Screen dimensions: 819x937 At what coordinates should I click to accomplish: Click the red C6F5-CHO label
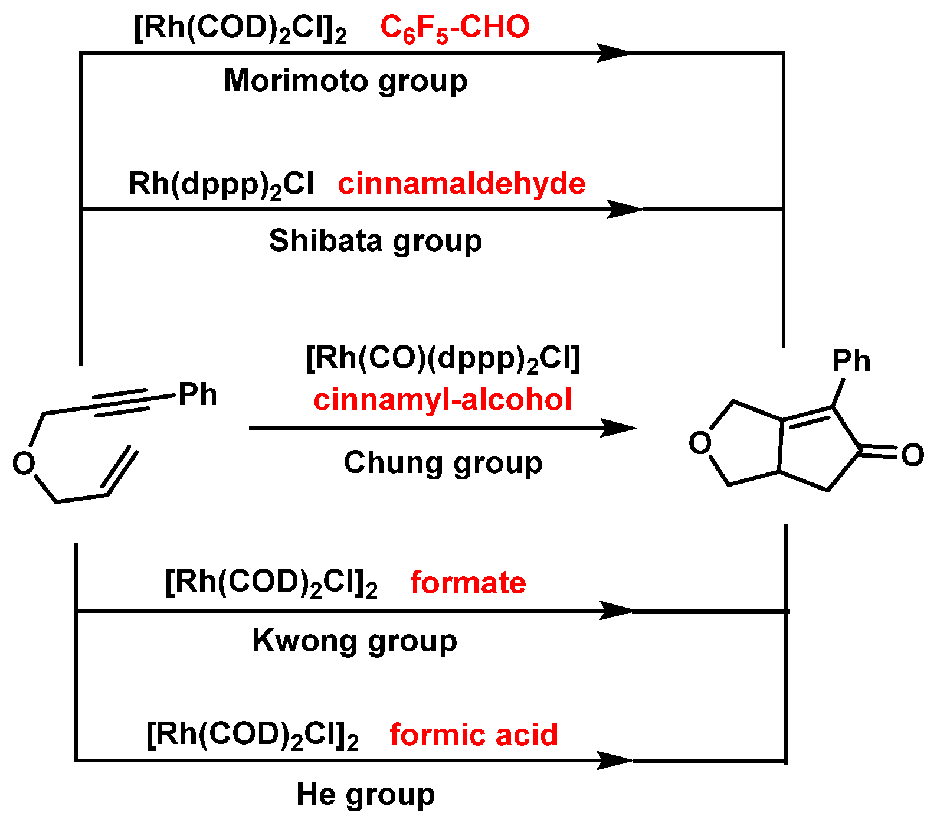[x=454, y=28]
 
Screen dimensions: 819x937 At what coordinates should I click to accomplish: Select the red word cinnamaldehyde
[x=461, y=184]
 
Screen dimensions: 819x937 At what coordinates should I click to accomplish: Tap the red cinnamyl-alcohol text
[x=443, y=400]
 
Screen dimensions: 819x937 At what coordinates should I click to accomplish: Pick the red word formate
[x=468, y=583]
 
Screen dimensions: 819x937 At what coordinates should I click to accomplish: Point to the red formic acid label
[x=474, y=735]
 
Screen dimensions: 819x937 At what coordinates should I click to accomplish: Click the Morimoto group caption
[x=345, y=81]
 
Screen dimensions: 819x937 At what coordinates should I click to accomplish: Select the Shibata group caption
[x=375, y=241]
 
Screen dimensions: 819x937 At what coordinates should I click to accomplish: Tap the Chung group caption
[x=443, y=463]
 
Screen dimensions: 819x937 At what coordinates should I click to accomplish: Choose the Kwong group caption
[x=355, y=641]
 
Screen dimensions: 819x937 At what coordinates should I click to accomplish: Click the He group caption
[x=365, y=795]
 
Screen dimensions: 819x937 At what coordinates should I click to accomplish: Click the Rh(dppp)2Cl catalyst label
[x=221, y=184]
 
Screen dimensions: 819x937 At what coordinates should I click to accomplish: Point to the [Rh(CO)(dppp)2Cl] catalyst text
[x=443, y=359]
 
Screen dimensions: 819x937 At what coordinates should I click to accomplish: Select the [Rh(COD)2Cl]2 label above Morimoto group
[x=240, y=28]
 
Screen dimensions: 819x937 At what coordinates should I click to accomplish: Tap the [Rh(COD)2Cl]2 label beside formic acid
[x=253, y=735]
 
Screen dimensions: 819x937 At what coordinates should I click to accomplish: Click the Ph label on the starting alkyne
[x=197, y=394]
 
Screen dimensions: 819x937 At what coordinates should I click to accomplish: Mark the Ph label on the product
[x=851, y=361]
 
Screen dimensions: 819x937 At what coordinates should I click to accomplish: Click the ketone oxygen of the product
[x=912, y=455]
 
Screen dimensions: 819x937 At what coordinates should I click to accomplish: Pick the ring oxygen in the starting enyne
[x=24, y=464]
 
